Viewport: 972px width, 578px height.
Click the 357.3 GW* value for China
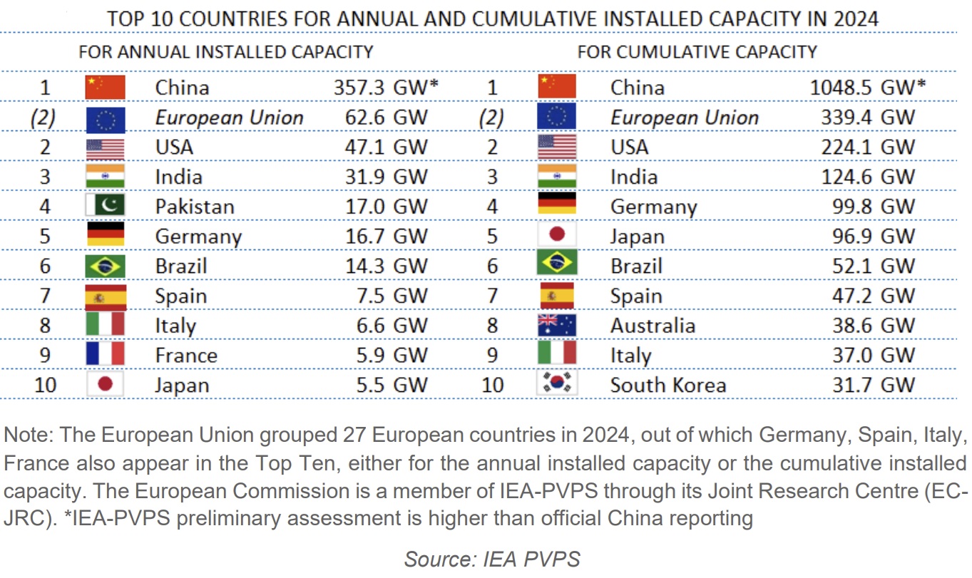coord(385,88)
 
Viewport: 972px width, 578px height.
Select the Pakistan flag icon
coord(105,207)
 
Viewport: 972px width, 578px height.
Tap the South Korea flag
coord(556,385)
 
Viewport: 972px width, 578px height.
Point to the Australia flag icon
coord(556,326)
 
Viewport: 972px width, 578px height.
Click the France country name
coord(186,356)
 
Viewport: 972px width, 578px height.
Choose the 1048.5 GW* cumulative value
coord(868,88)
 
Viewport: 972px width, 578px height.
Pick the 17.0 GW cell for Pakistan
coord(387,207)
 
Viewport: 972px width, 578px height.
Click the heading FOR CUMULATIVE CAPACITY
coord(697,51)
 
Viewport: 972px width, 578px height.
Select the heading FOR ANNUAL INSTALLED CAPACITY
coord(225,51)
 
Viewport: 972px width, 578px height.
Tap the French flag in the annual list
coord(105,355)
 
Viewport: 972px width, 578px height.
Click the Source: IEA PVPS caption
coord(492,559)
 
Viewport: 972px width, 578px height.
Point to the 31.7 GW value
coord(873,385)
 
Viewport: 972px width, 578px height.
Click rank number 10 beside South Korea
coord(492,385)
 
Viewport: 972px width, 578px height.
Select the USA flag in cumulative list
coord(556,148)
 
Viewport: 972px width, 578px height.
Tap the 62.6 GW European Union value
coord(387,118)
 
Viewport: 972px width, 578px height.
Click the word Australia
coord(653,326)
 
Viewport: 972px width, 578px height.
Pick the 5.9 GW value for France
coord(392,356)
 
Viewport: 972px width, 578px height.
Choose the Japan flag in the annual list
coord(105,385)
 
